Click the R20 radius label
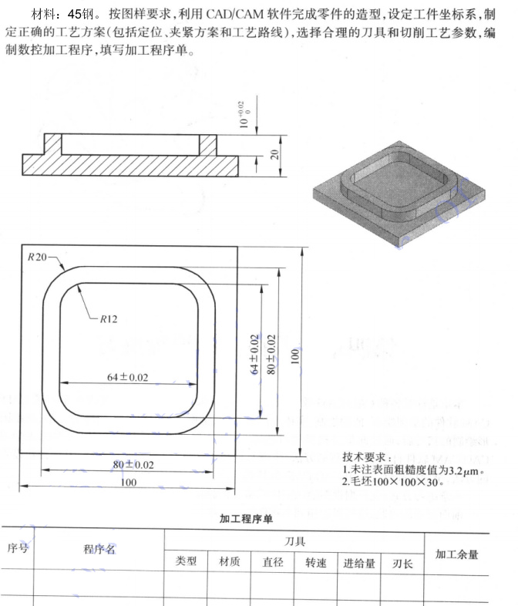coord(37,257)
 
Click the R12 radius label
coord(109,319)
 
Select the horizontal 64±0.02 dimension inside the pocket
coord(127,377)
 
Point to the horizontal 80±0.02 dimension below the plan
coord(133,465)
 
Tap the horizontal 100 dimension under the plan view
coord(128,482)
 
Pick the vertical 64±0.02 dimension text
coord(254,355)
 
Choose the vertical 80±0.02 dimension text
coord(271,355)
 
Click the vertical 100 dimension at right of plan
coord(294,356)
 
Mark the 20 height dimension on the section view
coord(274,155)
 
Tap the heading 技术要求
coord(364,457)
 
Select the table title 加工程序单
coord(247,519)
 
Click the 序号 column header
coord(18,547)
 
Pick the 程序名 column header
coord(99,549)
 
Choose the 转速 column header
coord(316,563)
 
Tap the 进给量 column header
coord(359,564)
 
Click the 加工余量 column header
coord(457,554)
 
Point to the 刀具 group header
coord(294,541)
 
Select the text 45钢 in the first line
coord(80,15)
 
